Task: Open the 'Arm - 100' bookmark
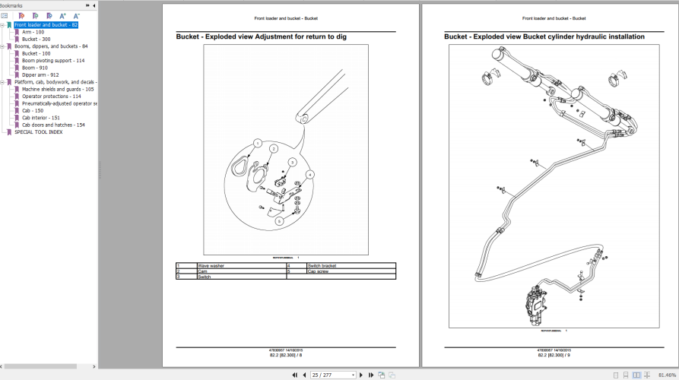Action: click(33, 32)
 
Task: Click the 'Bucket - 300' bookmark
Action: click(36, 39)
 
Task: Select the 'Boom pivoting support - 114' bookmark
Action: click(53, 61)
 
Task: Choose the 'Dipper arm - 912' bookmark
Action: click(40, 74)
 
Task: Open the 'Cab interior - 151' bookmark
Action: click(40, 118)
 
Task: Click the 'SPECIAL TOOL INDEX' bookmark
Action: click(38, 131)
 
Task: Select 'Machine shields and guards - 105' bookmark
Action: click(58, 89)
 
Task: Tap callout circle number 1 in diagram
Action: click(258, 143)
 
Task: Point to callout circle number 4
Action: click(309, 174)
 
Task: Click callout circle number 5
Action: click(279, 221)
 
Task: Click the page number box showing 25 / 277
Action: click(332, 375)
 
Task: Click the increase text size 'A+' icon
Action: click(62, 15)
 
